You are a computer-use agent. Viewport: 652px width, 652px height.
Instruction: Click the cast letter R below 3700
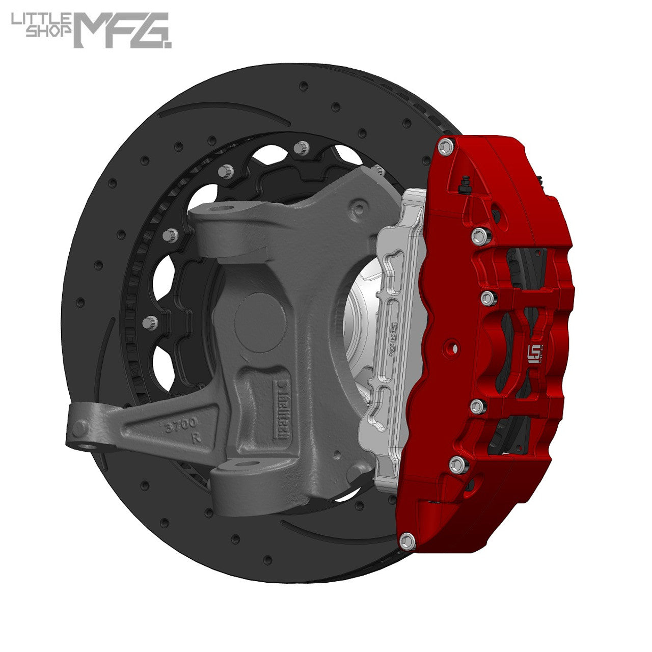click(195, 438)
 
